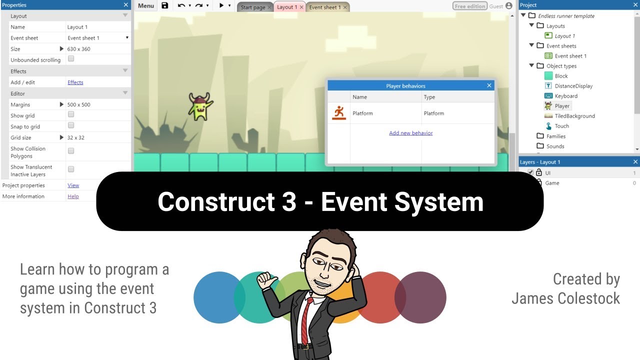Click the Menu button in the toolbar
146,6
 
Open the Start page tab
253,7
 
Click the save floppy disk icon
165,6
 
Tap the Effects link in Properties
75,82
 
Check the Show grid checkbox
71,114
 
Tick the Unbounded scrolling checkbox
71,58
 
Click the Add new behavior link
411,133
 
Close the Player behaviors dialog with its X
489,85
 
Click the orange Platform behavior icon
339,113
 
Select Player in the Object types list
562,106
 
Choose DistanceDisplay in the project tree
573,86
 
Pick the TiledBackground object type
574,116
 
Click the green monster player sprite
200,106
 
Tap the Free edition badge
469,6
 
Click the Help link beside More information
73,196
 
